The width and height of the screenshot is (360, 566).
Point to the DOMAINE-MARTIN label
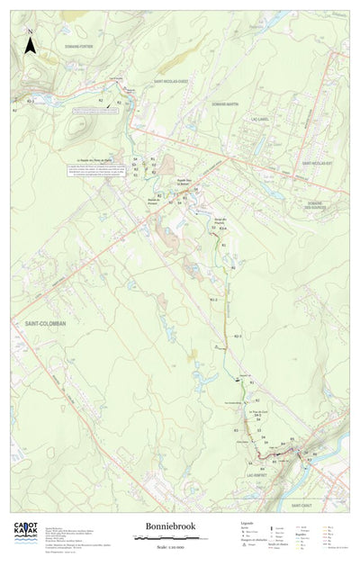point(225,104)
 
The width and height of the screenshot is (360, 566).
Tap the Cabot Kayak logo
point(25,533)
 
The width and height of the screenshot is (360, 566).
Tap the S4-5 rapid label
point(256,415)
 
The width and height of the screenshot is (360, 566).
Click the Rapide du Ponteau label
point(152,200)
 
